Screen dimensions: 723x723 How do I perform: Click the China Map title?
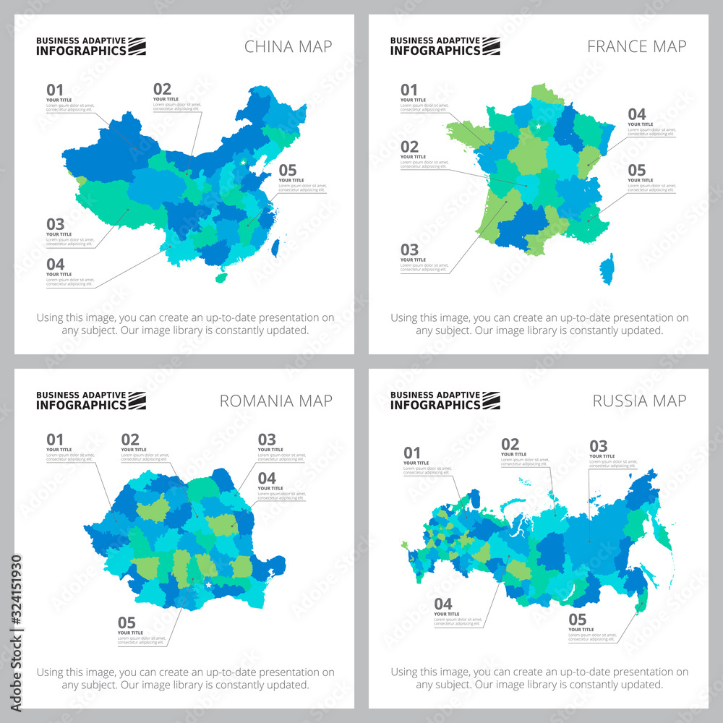(x=288, y=47)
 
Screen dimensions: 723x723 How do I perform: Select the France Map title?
(x=636, y=47)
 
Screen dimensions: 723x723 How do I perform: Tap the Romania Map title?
(x=277, y=401)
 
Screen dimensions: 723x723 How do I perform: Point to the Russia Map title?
(x=638, y=401)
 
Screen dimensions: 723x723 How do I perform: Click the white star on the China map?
(x=243, y=162)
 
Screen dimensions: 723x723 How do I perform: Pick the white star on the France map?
(x=538, y=127)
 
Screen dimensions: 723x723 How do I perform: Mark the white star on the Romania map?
(x=208, y=585)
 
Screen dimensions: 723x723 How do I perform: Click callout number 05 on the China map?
(x=287, y=171)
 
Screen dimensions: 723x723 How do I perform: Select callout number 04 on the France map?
(x=636, y=114)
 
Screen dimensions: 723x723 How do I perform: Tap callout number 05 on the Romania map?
(x=127, y=623)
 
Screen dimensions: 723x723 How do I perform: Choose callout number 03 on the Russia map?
(x=598, y=446)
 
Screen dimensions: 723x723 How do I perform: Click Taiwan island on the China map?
(x=275, y=247)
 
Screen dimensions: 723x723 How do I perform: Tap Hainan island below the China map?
(x=223, y=277)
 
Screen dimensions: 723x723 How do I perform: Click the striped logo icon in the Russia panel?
(x=491, y=401)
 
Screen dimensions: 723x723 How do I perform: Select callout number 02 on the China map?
(x=162, y=90)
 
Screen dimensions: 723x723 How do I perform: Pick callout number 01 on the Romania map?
(x=55, y=440)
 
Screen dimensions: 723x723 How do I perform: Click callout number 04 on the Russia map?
(x=442, y=604)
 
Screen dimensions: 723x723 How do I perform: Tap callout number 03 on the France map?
(x=409, y=250)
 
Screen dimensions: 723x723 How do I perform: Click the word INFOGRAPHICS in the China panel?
(x=81, y=51)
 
